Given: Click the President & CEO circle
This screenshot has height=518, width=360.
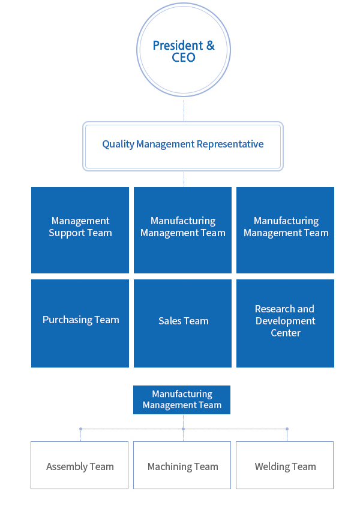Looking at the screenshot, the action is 184,50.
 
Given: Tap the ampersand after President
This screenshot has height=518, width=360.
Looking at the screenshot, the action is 210,45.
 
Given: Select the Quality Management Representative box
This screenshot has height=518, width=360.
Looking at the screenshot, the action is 183,146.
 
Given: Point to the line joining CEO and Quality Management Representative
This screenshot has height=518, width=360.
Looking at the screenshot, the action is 184,109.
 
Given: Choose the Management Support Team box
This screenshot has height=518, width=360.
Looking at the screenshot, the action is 80,230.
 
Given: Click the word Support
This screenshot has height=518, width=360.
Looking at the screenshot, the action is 67,233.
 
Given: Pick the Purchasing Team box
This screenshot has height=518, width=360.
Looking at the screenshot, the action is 80,323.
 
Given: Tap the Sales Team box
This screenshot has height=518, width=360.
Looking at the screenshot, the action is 182,323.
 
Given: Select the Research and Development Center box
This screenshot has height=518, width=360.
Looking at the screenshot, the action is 285,323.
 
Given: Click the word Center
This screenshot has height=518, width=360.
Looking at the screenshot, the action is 286,333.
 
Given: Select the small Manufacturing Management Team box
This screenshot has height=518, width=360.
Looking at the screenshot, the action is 182,400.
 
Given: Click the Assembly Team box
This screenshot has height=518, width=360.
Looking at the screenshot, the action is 79,465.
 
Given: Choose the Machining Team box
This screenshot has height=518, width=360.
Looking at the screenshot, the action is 182,465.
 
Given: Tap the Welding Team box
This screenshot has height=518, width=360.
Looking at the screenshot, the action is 284,465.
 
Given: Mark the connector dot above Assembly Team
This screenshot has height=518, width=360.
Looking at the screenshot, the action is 80,429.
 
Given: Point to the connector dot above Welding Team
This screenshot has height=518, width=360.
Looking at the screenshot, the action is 287,429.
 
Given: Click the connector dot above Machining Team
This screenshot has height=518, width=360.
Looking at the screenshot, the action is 183,429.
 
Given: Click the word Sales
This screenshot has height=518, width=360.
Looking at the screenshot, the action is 170,321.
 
